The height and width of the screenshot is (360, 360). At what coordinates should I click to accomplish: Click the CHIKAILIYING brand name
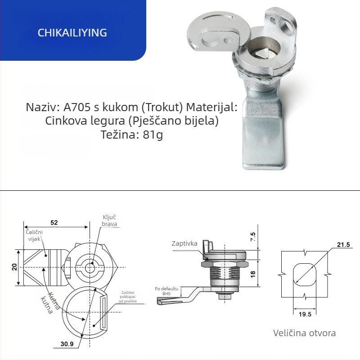pos(72,32)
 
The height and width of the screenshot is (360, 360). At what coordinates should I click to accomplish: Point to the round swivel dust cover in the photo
pos(213,32)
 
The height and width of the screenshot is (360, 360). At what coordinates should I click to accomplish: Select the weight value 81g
pos(153,134)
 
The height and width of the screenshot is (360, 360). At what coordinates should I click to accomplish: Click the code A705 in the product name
pos(77,107)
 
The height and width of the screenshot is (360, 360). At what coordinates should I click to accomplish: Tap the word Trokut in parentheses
pos(162,107)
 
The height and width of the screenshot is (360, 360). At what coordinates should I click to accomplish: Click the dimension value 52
pos(54,222)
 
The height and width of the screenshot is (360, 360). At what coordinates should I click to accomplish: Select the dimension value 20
pos(14,267)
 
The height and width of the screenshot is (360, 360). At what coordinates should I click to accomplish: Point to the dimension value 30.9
pos(67,344)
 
